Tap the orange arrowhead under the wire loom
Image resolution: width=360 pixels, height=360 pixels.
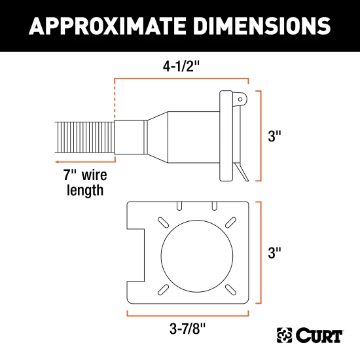tap(58, 159)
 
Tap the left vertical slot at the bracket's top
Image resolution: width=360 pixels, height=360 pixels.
tap(177, 207)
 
